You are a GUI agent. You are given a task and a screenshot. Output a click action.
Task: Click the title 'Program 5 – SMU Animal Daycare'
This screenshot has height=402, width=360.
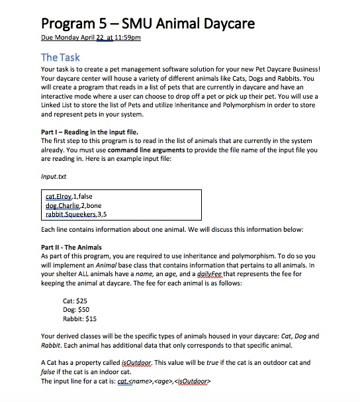coord(148,25)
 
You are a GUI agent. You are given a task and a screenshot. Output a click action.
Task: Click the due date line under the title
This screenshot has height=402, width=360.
coord(91,38)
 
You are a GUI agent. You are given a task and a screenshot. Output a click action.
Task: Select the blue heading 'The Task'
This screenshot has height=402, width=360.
coord(62,58)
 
